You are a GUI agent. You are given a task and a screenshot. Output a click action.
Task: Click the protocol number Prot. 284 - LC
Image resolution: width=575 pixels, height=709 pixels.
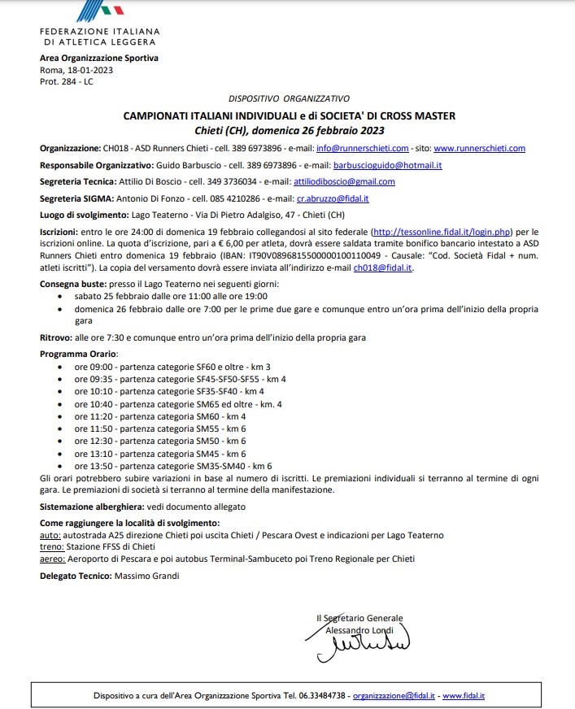click(66, 82)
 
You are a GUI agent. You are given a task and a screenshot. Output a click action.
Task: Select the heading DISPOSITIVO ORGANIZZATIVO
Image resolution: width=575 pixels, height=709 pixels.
click(289, 98)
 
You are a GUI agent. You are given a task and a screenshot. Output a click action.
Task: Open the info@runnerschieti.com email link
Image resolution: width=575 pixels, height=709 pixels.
click(374, 149)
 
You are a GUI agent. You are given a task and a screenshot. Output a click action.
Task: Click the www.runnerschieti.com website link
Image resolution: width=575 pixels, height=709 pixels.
click(479, 149)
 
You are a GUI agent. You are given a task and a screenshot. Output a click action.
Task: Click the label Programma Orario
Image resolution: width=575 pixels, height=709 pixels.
click(79, 354)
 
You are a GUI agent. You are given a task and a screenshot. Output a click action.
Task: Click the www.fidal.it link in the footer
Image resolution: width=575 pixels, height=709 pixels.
click(464, 697)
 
